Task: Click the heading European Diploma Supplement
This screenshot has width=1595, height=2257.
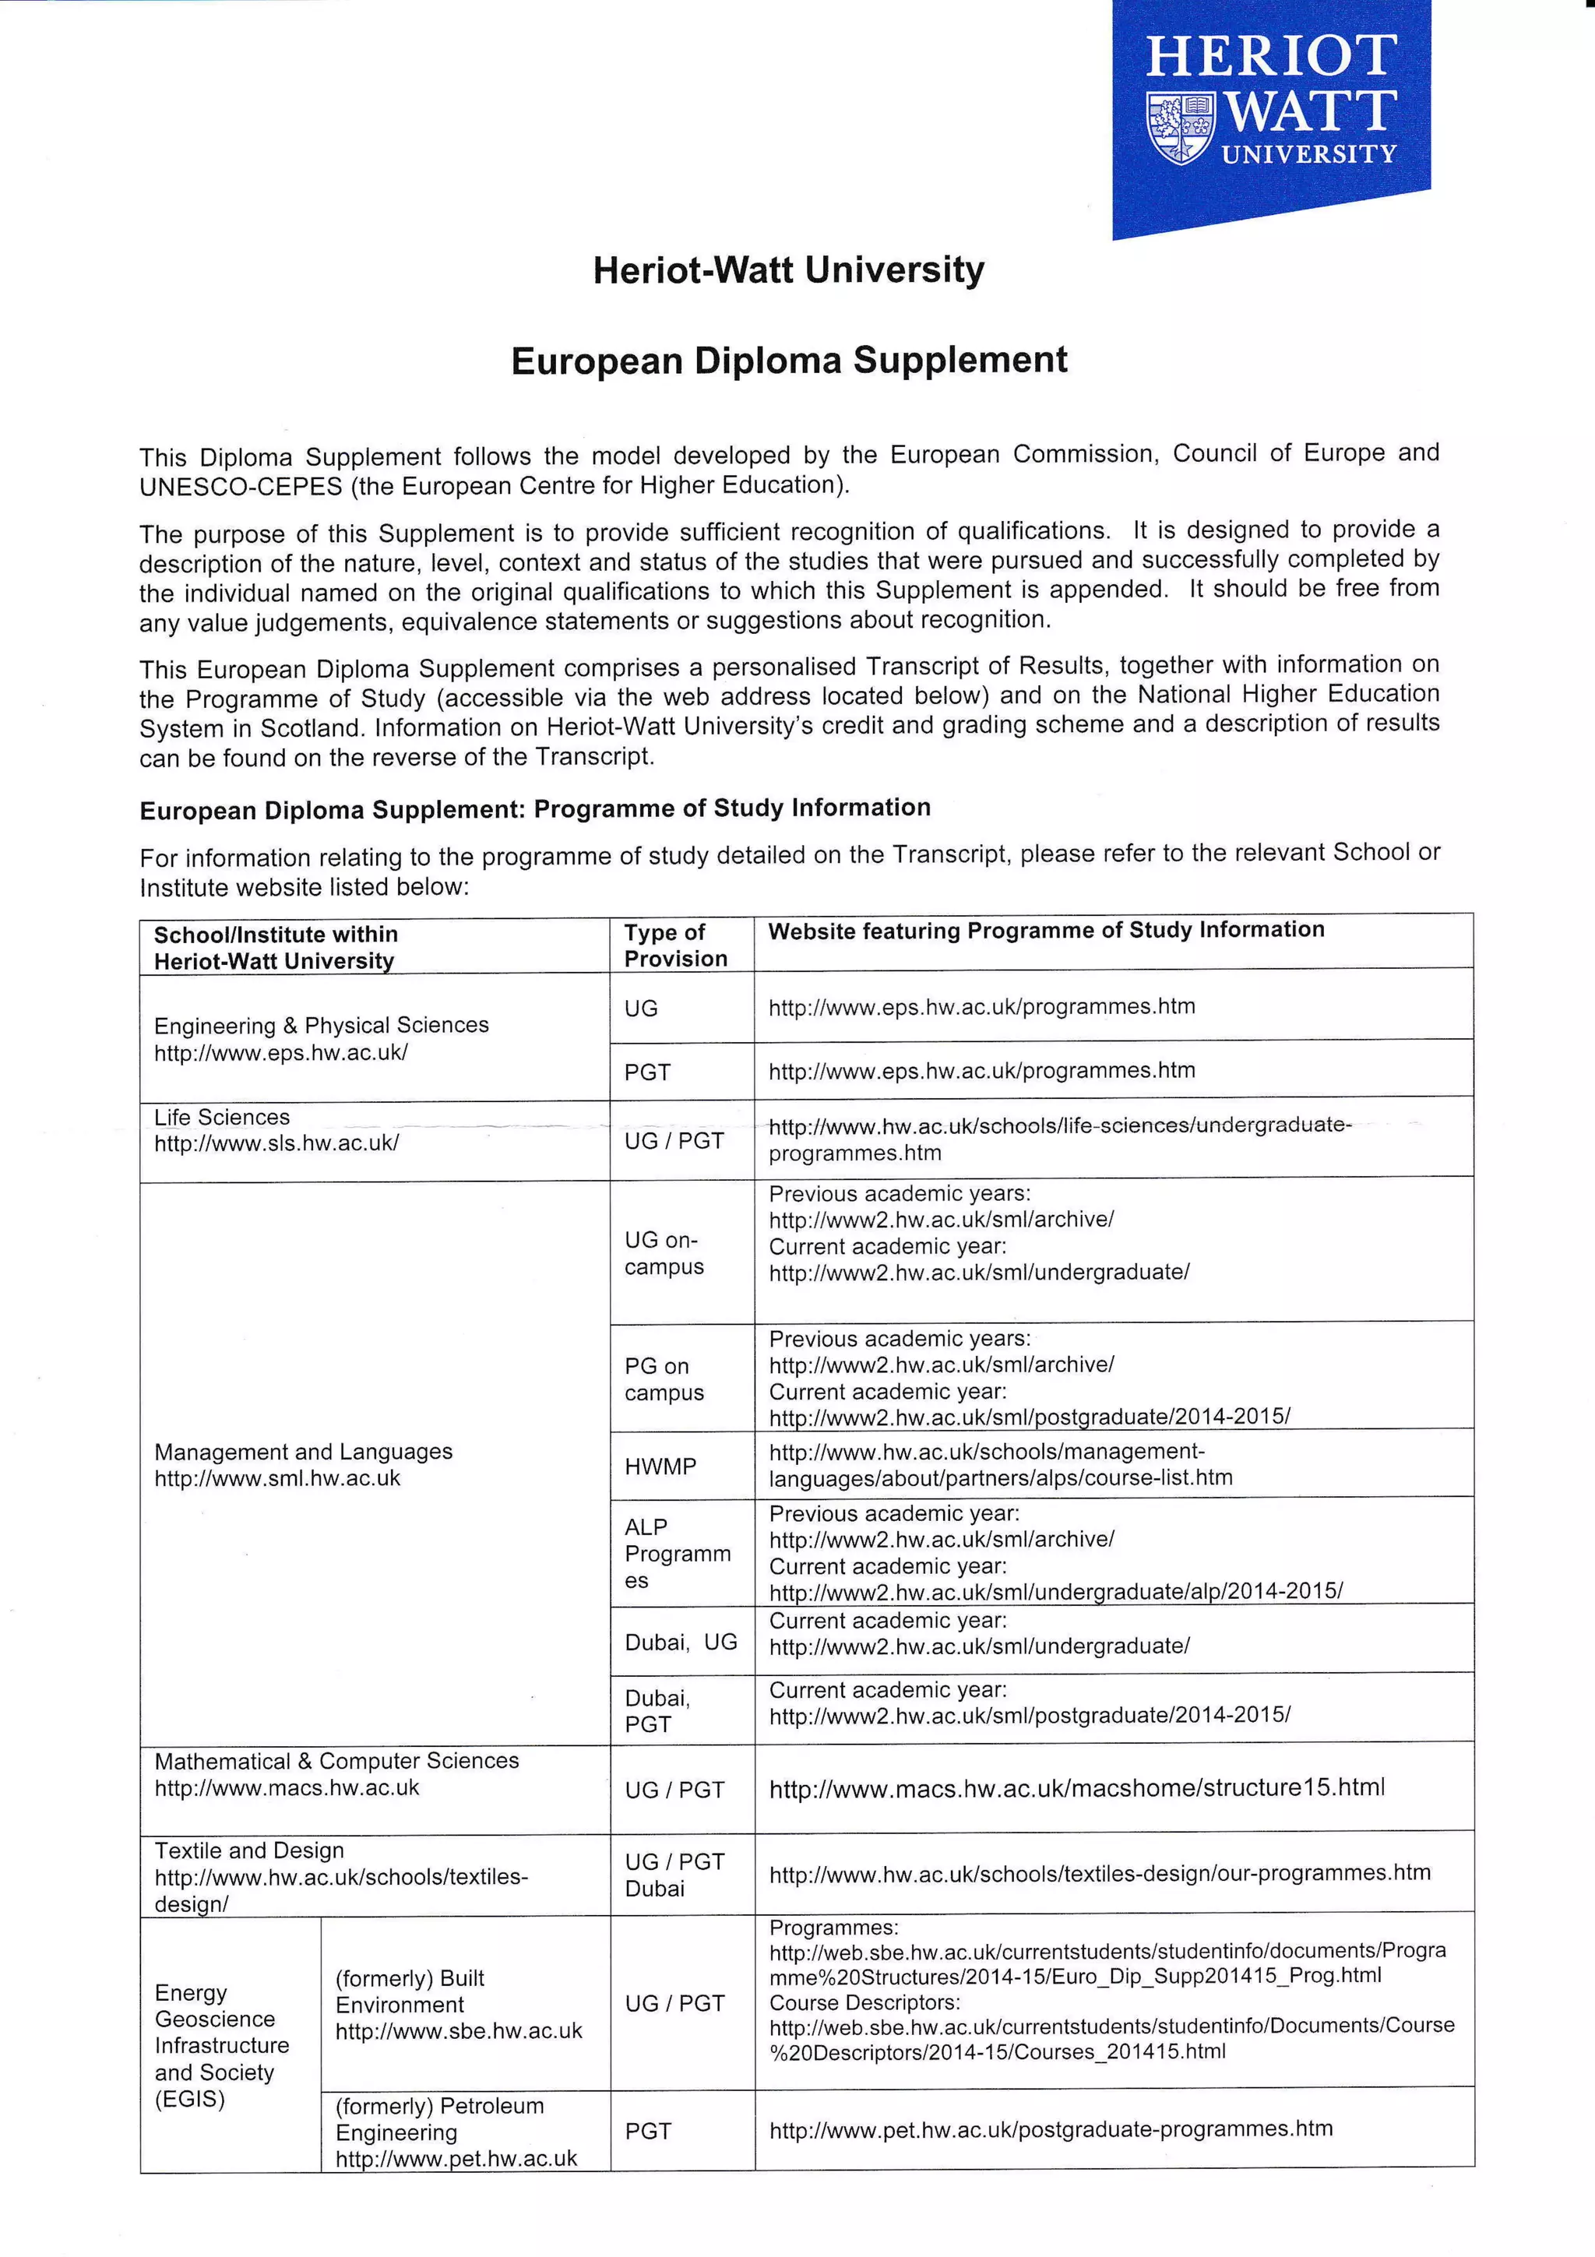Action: coord(789,360)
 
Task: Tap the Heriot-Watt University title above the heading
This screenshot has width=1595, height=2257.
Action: coord(788,269)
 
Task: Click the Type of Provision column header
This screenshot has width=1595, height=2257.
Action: coord(676,945)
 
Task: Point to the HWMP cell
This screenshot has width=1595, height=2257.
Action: coord(660,1466)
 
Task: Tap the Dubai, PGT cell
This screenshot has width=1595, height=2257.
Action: coord(657,1710)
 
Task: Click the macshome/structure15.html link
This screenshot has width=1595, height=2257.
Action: coord(1077,1788)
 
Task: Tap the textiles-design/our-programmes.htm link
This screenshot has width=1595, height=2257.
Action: coord(1100,1874)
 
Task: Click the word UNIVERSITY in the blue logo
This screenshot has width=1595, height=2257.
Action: coord(1308,154)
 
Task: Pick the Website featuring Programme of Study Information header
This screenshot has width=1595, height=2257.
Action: coord(1046,930)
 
